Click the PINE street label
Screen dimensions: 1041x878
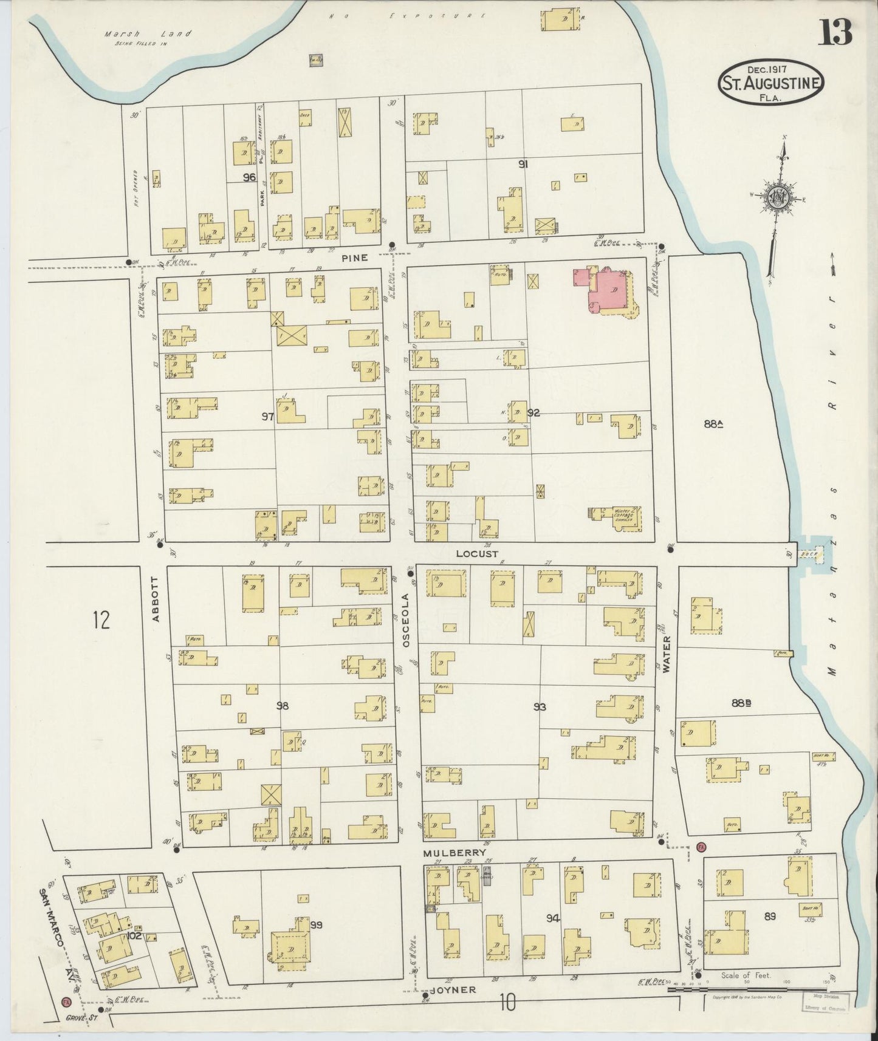(x=354, y=258)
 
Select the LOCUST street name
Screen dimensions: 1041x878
(x=477, y=554)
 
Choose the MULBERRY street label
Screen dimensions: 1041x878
(x=456, y=853)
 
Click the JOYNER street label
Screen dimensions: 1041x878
(x=453, y=989)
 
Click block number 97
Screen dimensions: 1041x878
(x=267, y=416)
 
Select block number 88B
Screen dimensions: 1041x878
(x=742, y=703)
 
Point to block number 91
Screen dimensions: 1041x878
(x=522, y=164)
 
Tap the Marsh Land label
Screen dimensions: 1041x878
(x=148, y=34)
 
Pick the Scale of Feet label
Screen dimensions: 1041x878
(x=746, y=975)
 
